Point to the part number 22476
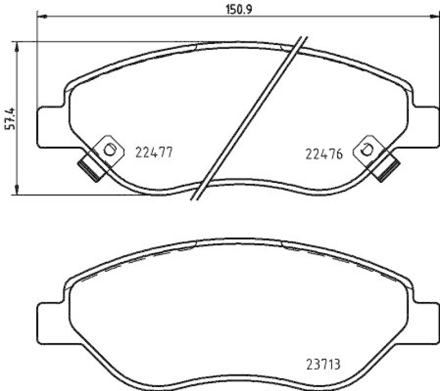tap(324, 154)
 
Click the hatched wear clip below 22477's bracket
tap(89, 168)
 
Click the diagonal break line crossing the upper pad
tap(248, 118)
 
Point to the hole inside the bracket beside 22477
tap(109, 148)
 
